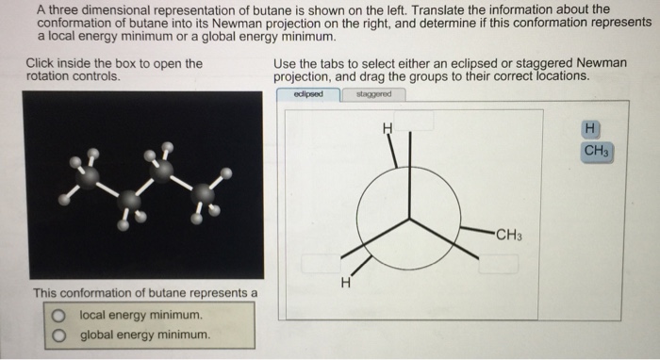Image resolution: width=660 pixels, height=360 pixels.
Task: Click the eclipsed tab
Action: click(x=308, y=94)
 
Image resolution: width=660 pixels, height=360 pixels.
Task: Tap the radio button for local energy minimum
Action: click(x=59, y=315)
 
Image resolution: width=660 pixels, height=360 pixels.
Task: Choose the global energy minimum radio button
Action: click(x=59, y=335)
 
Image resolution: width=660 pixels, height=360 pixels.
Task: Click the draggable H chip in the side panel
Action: click(x=590, y=128)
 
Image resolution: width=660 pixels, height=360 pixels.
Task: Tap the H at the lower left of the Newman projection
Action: click(x=346, y=281)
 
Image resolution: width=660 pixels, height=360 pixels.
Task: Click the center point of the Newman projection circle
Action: click(x=408, y=219)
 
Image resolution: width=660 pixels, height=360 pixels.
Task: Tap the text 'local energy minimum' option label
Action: click(x=140, y=315)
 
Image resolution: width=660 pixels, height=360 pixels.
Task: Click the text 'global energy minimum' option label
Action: click(x=145, y=335)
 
